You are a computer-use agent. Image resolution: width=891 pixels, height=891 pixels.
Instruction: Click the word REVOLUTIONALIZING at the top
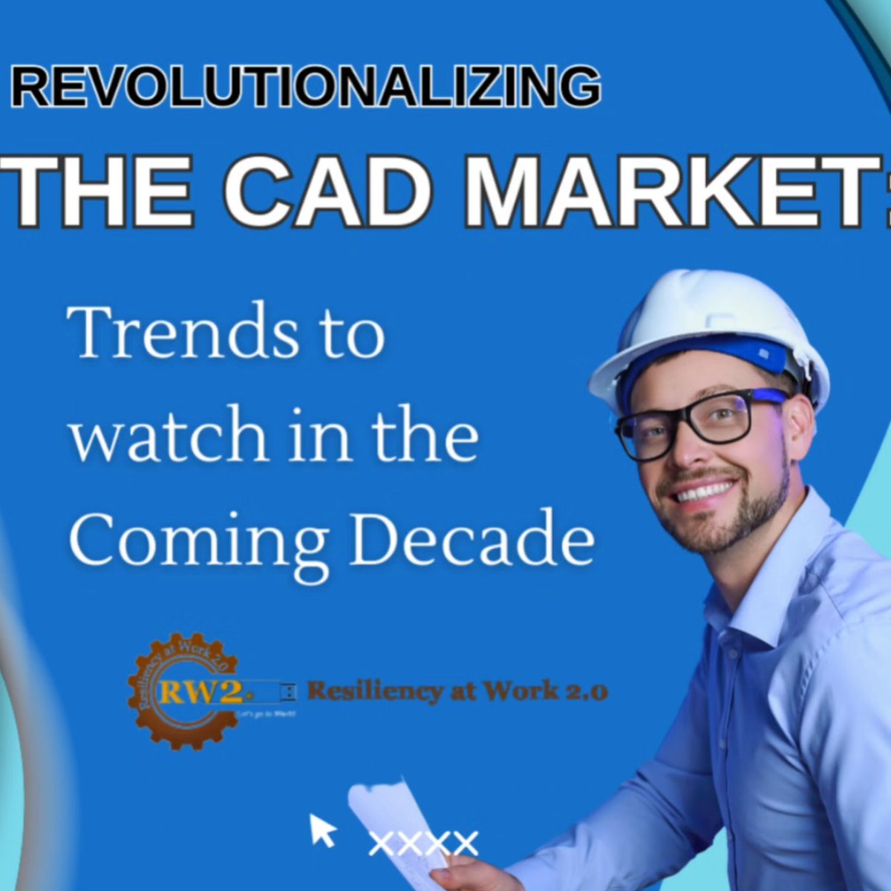(x=305, y=87)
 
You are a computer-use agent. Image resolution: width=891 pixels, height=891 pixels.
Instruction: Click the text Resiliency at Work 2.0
(x=457, y=692)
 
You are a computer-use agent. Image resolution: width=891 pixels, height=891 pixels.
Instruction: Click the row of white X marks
(x=423, y=843)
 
